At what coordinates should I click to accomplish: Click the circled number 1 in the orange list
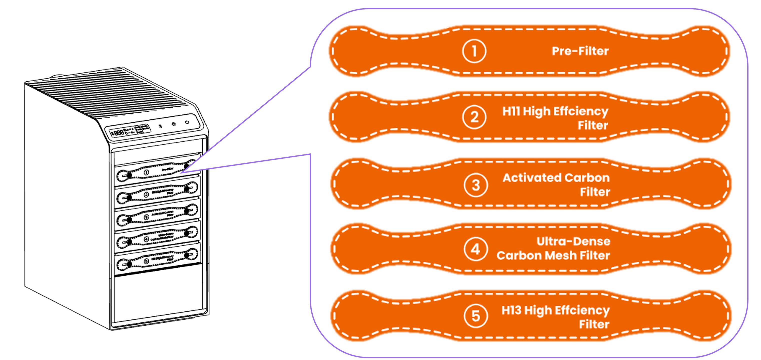pyautogui.click(x=474, y=51)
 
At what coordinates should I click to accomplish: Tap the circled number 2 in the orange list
pyautogui.click(x=474, y=117)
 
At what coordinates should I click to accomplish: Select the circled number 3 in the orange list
pyautogui.click(x=476, y=185)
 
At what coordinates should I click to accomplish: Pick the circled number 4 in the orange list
pyautogui.click(x=475, y=249)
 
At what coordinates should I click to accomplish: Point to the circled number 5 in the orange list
pyautogui.click(x=476, y=316)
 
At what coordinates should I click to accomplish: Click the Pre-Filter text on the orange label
pyautogui.click(x=580, y=51)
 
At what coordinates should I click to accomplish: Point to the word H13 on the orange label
pyautogui.click(x=511, y=310)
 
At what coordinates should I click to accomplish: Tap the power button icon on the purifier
pyautogui.click(x=187, y=122)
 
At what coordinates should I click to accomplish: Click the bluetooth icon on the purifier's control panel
pyautogui.click(x=161, y=126)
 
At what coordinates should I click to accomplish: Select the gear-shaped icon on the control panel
pyautogui.click(x=174, y=124)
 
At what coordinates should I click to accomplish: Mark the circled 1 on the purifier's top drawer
pyautogui.click(x=146, y=172)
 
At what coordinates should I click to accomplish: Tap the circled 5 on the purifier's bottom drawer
pyautogui.click(x=146, y=261)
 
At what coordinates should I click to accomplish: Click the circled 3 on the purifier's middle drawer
pyautogui.click(x=146, y=217)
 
